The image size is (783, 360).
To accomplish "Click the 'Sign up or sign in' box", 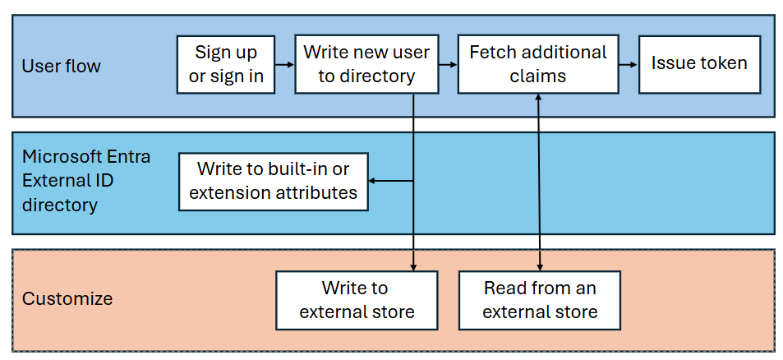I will (226, 64).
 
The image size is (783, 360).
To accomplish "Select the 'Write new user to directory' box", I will (366, 64).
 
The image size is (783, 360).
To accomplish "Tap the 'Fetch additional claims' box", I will (537, 64).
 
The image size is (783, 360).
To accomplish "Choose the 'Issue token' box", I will (699, 63).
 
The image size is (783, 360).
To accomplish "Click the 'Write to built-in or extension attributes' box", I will (273, 181).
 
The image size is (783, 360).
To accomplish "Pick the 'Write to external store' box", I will (357, 300).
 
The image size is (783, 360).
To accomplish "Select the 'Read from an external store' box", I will (539, 300).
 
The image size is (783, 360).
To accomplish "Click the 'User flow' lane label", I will (62, 66).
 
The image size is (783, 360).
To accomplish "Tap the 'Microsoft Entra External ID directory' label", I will (86, 180).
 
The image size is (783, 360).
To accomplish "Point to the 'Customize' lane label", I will (67, 298).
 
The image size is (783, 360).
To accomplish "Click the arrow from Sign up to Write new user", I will (284, 64).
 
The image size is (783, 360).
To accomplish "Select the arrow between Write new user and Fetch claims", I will (448, 64).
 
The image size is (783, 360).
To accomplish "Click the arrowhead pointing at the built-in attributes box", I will (372, 181).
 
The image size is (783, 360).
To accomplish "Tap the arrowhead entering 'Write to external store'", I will (412, 266).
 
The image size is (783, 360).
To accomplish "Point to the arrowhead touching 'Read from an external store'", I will (539, 266).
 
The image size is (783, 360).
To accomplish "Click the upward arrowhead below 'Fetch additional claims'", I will (539, 97).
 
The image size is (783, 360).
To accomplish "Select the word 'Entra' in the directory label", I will (127, 156).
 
